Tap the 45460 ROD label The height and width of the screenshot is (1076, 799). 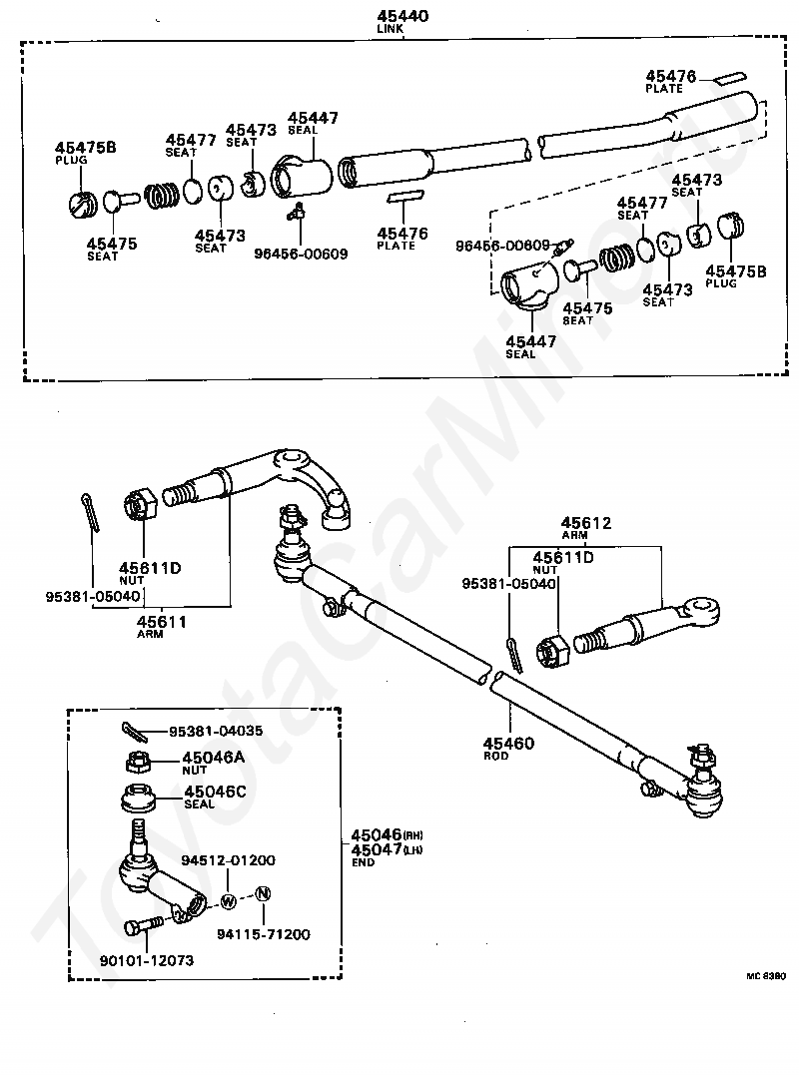508,744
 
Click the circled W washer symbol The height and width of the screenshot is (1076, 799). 228,900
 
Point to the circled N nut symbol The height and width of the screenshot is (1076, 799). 263,893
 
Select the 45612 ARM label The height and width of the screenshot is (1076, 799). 585,523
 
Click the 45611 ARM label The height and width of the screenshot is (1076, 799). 162,621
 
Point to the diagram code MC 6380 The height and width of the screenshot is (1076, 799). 765,975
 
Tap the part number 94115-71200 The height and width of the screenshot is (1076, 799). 263,934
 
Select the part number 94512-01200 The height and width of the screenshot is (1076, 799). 228,859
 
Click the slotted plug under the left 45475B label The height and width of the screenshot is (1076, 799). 82,205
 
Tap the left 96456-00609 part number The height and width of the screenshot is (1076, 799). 302,254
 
